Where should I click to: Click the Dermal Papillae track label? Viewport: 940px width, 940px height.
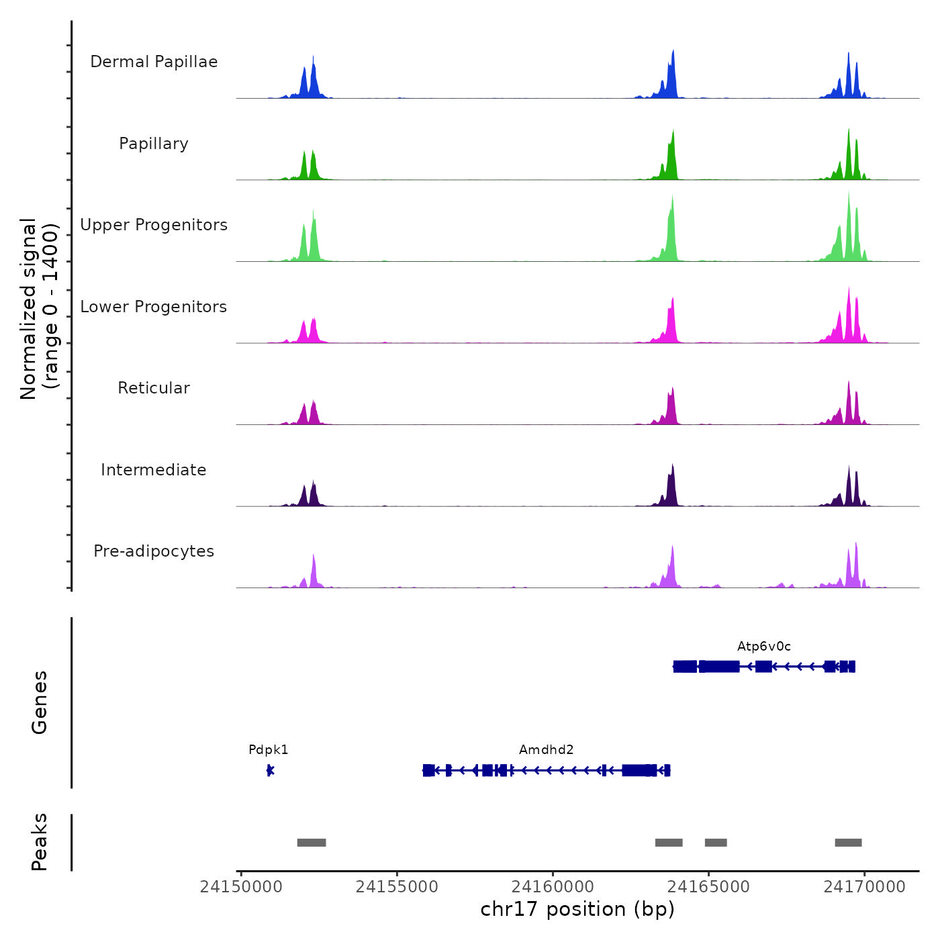[154, 62]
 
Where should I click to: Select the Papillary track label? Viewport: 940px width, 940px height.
[154, 144]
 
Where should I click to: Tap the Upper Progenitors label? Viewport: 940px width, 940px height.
[154, 225]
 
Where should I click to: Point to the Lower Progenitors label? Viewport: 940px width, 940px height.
[154, 307]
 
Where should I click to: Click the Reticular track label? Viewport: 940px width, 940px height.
[154, 388]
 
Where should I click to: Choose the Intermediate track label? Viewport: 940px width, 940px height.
[154, 470]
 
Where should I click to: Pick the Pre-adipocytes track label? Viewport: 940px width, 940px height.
[154, 551]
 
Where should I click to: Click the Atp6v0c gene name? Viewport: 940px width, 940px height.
[764, 647]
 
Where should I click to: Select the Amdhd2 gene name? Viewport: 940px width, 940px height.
[547, 750]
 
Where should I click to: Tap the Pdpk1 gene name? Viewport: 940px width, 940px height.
[268, 750]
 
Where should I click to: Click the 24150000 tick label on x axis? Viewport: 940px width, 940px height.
[241, 887]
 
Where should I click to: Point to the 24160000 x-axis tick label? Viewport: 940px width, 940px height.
[553, 887]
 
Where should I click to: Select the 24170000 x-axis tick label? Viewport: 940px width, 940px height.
[864, 887]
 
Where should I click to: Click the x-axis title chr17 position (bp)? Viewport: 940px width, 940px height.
[577, 909]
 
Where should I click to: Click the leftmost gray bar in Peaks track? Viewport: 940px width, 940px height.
[312, 843]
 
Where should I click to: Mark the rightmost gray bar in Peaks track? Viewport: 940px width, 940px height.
[848, 843]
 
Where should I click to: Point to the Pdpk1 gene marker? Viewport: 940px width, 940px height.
[270, 770]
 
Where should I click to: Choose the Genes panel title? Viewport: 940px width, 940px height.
[39, 702]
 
